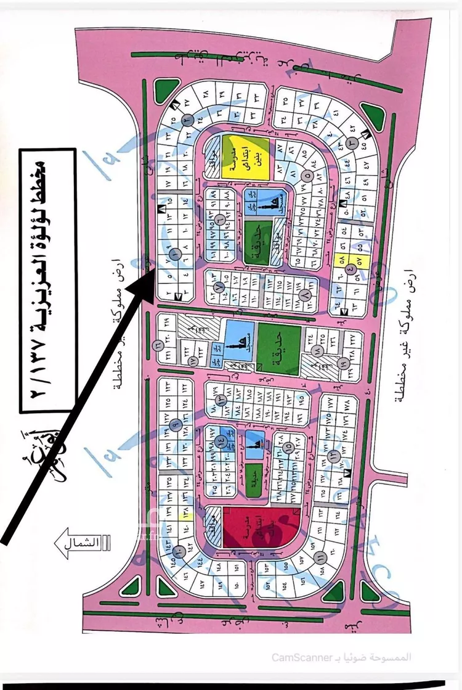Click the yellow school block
[245, 158]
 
